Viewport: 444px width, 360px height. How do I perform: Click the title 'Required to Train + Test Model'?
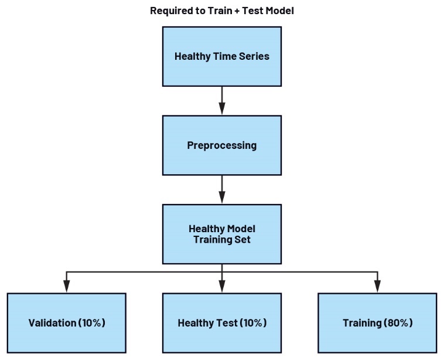click(221, 10)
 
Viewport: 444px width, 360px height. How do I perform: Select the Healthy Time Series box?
click(221, 56)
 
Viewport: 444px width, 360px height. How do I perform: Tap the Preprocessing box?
click(221, 145)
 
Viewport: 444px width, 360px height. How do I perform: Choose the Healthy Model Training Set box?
click(221, 234)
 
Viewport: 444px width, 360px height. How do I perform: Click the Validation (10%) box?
click(67, 322)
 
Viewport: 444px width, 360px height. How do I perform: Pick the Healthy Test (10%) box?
click(221, 322)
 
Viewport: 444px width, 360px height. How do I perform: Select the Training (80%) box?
click(377, 322)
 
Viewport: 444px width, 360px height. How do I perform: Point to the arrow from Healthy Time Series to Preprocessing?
click(221, 100)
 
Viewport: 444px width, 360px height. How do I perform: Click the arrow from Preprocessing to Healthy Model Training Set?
click(221, 189)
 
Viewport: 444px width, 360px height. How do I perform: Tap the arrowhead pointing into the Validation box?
click(67, 286)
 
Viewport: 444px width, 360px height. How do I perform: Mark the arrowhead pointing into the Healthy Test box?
click(221, 286)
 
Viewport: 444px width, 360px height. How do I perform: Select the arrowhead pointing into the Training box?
click(377, 286)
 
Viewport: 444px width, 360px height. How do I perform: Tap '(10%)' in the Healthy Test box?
click(252, 322)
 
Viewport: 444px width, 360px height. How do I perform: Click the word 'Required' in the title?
click(170, 10)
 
